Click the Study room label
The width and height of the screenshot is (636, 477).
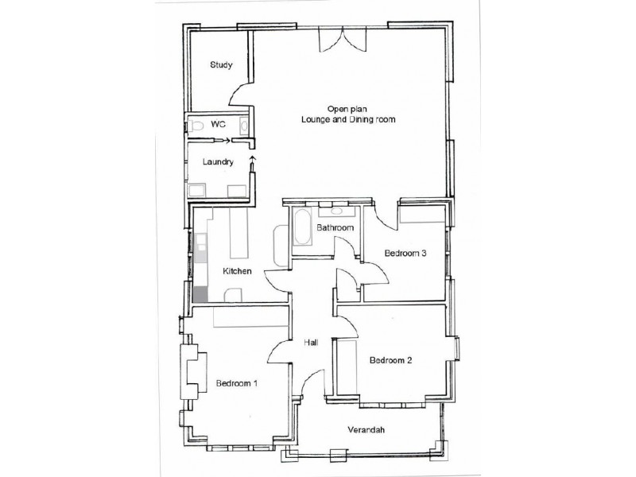tap(221, 65)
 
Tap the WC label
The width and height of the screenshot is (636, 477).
tap(219, 125)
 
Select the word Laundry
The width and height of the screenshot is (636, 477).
tap(218, 162)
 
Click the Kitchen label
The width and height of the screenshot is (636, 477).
tap(237, 272)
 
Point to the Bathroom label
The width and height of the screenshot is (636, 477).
tap(334, 228)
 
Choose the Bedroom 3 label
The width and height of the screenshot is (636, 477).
tap(405, 254)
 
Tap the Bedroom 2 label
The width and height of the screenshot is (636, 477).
tap(390, 359)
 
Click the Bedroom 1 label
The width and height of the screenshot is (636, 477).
tap(237, 383)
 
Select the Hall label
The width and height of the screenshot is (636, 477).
tap(311, 343)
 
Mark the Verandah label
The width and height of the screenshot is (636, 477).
tap(366, 430)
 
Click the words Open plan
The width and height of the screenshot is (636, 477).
tap(343, 108)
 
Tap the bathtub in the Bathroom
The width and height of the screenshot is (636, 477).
tap(302, 228)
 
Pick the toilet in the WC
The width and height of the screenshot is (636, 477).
tap(196, 125)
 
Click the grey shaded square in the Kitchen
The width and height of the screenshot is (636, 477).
tap(200, 294)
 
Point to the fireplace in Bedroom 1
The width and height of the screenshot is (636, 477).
tap(192, 373)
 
